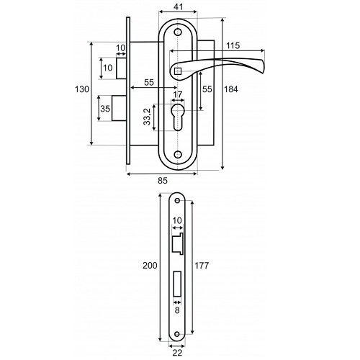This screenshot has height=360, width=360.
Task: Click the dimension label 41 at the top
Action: tap(178, 7)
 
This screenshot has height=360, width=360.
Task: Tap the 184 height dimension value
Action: tap(230, 89)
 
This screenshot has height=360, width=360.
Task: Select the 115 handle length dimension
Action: tap(233, 45)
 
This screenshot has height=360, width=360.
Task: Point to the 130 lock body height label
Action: tap(82, 89)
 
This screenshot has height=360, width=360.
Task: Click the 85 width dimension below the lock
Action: tap(163, 181)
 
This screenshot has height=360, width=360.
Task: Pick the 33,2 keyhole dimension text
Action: tap(147, 117)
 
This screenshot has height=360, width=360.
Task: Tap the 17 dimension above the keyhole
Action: tap(178, 94)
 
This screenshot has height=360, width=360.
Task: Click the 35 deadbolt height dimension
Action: tap(105, 109)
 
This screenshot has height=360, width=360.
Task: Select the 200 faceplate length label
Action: tap(150, 266)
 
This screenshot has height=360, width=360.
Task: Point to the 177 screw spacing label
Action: tap(202, 266)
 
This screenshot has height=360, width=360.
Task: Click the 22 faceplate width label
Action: tap(177, 353)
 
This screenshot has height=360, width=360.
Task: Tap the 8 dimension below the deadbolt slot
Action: tap(177, 310)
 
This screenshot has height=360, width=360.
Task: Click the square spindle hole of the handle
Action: tap(178, 71)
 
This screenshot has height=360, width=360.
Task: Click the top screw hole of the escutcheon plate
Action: tap(178, 32)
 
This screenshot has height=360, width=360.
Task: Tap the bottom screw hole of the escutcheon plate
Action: tap(178, 155)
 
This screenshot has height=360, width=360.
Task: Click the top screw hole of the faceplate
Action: tap(177, 200)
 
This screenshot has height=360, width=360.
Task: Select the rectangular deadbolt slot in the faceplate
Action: tap(177, 284)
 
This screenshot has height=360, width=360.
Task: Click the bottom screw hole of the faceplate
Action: tap(177, 334)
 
